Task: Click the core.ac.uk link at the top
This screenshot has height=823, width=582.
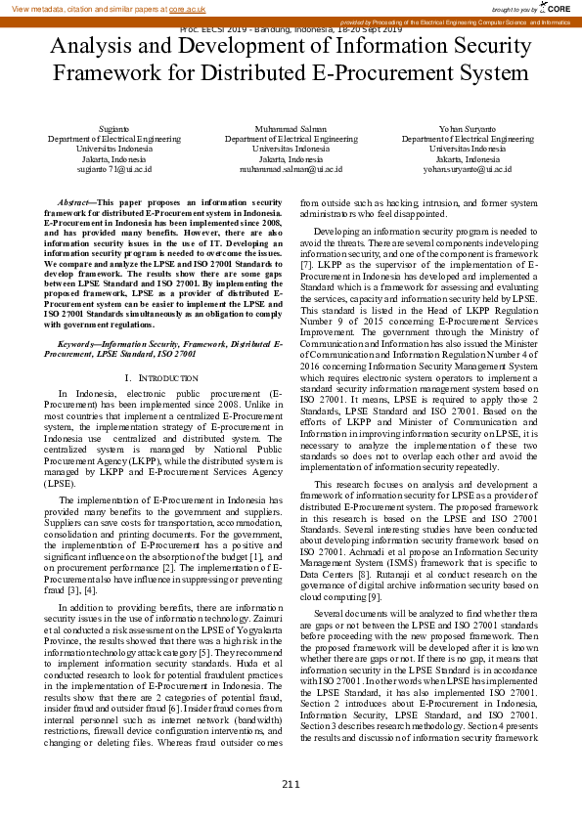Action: tap(187, 9)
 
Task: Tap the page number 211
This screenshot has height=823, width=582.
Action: tap(291, 783)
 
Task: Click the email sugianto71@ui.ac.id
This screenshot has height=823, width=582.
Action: tap(114, 169)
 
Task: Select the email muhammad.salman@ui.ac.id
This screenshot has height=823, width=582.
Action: tap(291, 169)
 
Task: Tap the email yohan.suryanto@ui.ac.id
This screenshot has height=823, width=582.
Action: tap(468, 169)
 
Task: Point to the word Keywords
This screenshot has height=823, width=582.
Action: tap(79, 344)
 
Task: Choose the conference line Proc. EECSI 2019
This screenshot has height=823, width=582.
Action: tap(291, 29)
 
